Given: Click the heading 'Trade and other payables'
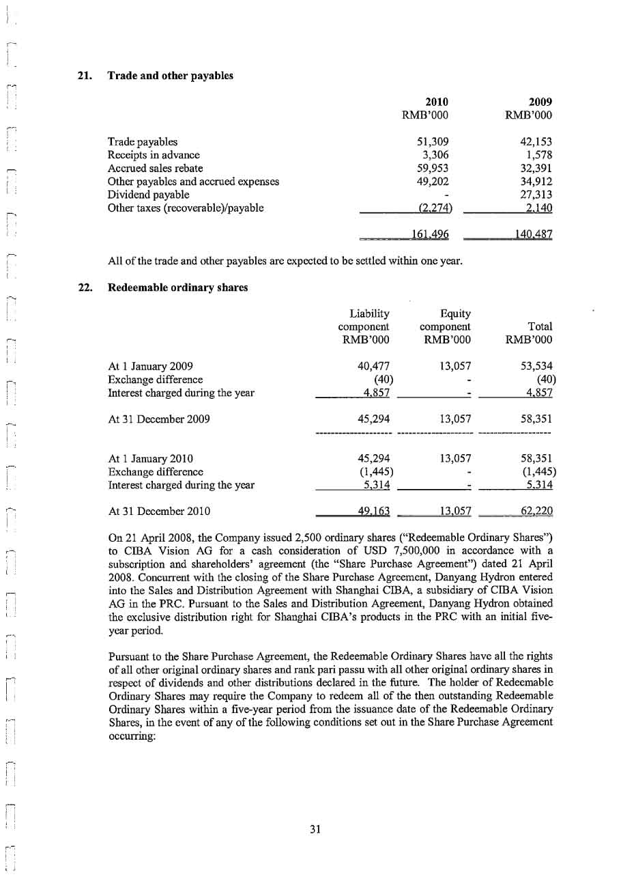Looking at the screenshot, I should [171, 76].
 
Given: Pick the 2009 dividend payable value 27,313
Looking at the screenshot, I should [536, 195].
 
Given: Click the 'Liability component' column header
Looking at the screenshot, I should [369, 326].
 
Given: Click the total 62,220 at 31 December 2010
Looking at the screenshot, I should [536, 511].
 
